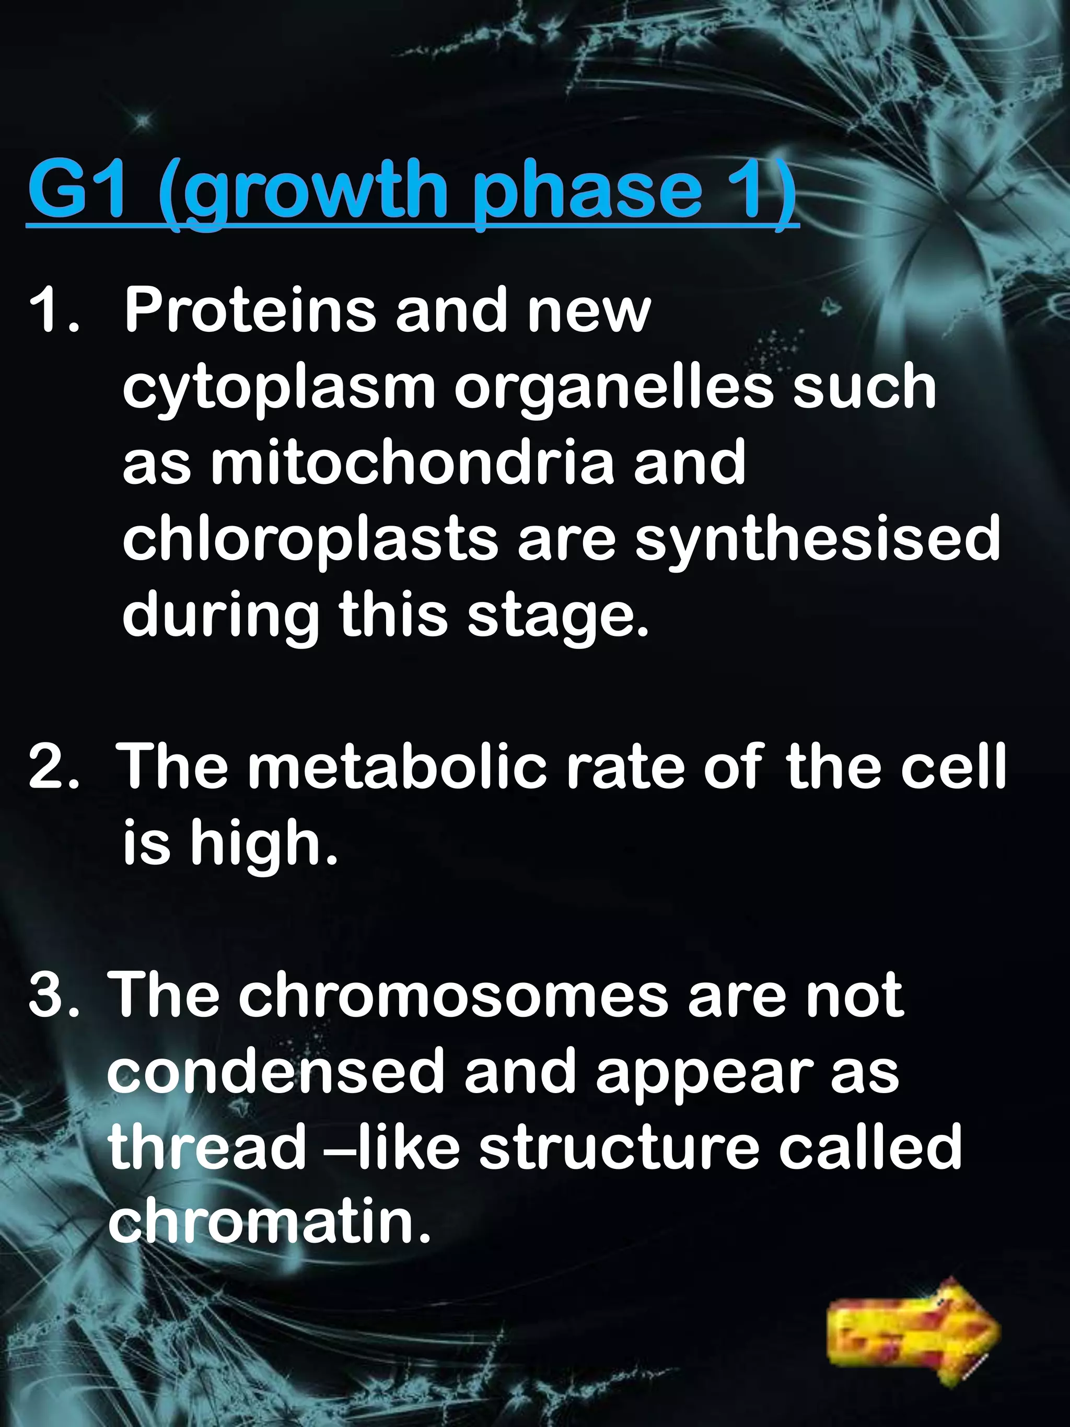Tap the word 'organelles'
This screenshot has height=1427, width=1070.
(613, 387)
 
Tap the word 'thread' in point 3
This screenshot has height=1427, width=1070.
(206, 1146)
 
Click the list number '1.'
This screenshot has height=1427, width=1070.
(54, 311)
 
